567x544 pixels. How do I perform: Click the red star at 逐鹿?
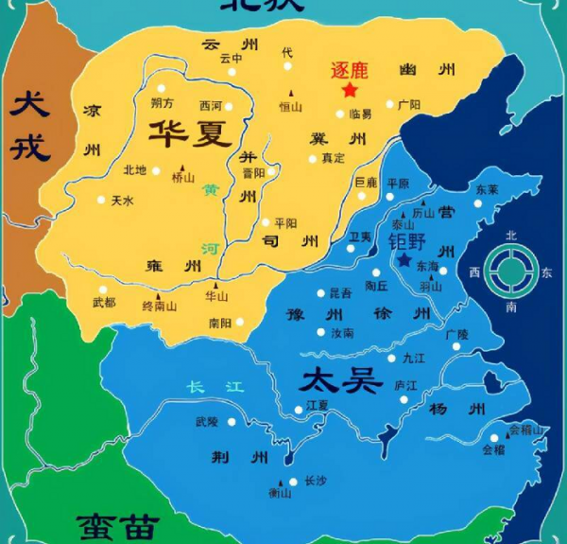point(350,90)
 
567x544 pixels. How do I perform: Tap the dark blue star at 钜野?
point(405,259)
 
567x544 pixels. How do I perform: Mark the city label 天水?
point(123,201)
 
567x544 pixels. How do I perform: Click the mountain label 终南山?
point(160,306)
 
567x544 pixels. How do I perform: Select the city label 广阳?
point(409,104)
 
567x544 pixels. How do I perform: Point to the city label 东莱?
point(487,189)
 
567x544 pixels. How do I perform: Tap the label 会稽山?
point(526,430)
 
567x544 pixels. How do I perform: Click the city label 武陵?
point(206,421)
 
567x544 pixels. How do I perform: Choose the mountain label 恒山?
point(289,108)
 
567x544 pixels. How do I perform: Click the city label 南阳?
point(220,323)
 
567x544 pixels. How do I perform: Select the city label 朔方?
point(163,102)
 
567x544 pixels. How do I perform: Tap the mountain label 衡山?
point(280,492)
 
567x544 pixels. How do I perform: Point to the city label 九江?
point(414,358)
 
